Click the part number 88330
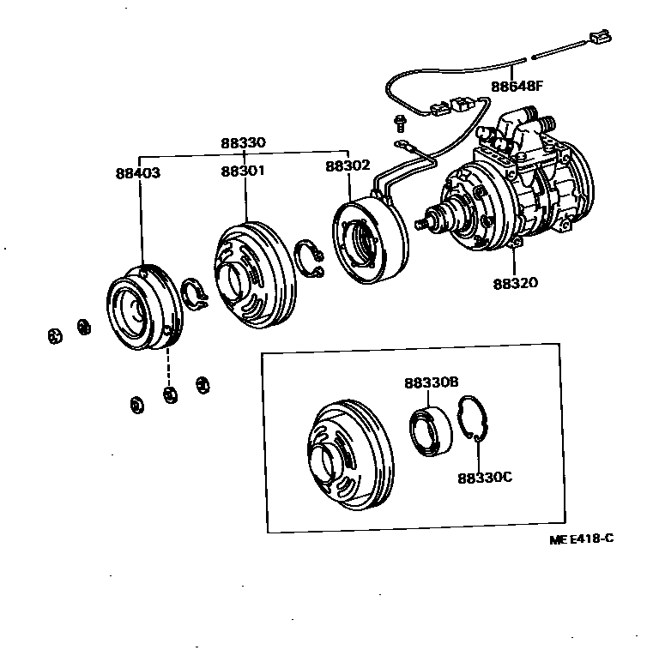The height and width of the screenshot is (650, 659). [x=243, y=143]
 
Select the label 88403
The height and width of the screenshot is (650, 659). [x=138, y=172]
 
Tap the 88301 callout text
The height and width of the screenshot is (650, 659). [x=243, y=172]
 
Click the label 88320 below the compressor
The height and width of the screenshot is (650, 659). [x=516, y=282]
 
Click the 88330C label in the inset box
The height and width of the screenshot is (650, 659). [x=485, y=477]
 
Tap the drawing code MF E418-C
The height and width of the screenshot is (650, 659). [x=583, y=539]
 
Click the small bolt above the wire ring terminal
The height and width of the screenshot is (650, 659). [x=399, y=119]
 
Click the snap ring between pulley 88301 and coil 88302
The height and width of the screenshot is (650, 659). [x=310, y=259]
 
